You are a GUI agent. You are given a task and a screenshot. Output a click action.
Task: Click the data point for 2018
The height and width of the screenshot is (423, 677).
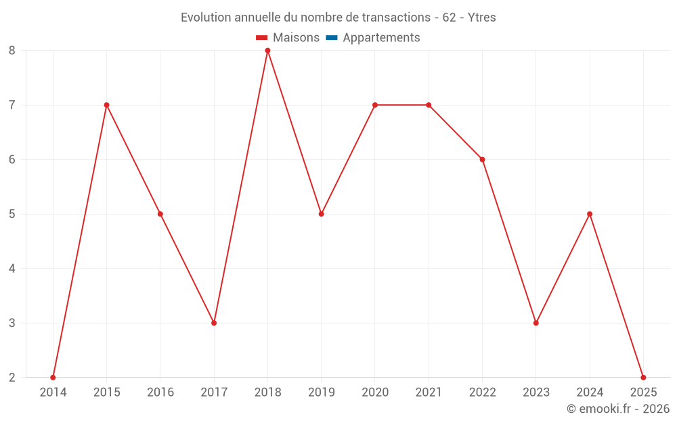coord(267,51)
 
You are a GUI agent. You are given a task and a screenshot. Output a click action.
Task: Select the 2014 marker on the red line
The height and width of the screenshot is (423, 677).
coord(53,377)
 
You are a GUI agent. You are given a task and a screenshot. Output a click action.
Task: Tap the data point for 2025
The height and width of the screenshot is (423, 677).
coord(643,377)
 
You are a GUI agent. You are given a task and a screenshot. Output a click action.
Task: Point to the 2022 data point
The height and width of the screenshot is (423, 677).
coord(482,160)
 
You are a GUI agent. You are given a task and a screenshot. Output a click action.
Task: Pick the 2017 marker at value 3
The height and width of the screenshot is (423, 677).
coord(214,323)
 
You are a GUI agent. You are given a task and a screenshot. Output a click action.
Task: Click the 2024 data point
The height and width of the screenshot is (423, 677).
coord(590,214)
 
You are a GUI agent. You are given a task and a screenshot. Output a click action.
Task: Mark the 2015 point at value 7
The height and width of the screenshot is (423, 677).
coord(106,105)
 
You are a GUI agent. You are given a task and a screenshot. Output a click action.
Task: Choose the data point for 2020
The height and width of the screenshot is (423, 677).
coord(375,105)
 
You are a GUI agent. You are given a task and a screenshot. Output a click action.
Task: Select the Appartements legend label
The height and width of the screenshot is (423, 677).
coord(381,38)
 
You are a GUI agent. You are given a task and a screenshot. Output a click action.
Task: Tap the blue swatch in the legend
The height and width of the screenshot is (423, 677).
coord(332,38)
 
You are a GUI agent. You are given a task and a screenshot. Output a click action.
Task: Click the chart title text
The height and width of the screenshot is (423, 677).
coord(338,18)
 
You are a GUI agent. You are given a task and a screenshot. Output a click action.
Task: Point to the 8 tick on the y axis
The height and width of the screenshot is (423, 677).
coord(12,51)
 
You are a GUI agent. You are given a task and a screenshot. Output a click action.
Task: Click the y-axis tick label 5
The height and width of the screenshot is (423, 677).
coord(12,214)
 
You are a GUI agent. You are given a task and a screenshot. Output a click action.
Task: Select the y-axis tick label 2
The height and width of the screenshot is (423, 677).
coord(12,377)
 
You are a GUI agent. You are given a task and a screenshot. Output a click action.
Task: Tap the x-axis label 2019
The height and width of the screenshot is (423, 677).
coord(321,393)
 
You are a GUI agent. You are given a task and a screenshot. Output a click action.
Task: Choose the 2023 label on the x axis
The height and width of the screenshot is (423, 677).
coord(536,393)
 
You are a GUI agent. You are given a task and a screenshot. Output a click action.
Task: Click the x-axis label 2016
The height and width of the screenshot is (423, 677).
coord(160,393)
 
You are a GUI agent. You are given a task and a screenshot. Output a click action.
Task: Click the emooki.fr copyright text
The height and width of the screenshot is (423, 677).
coord(618,409)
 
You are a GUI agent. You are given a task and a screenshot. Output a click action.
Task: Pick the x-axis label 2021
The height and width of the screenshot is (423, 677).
coord(429,393)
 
